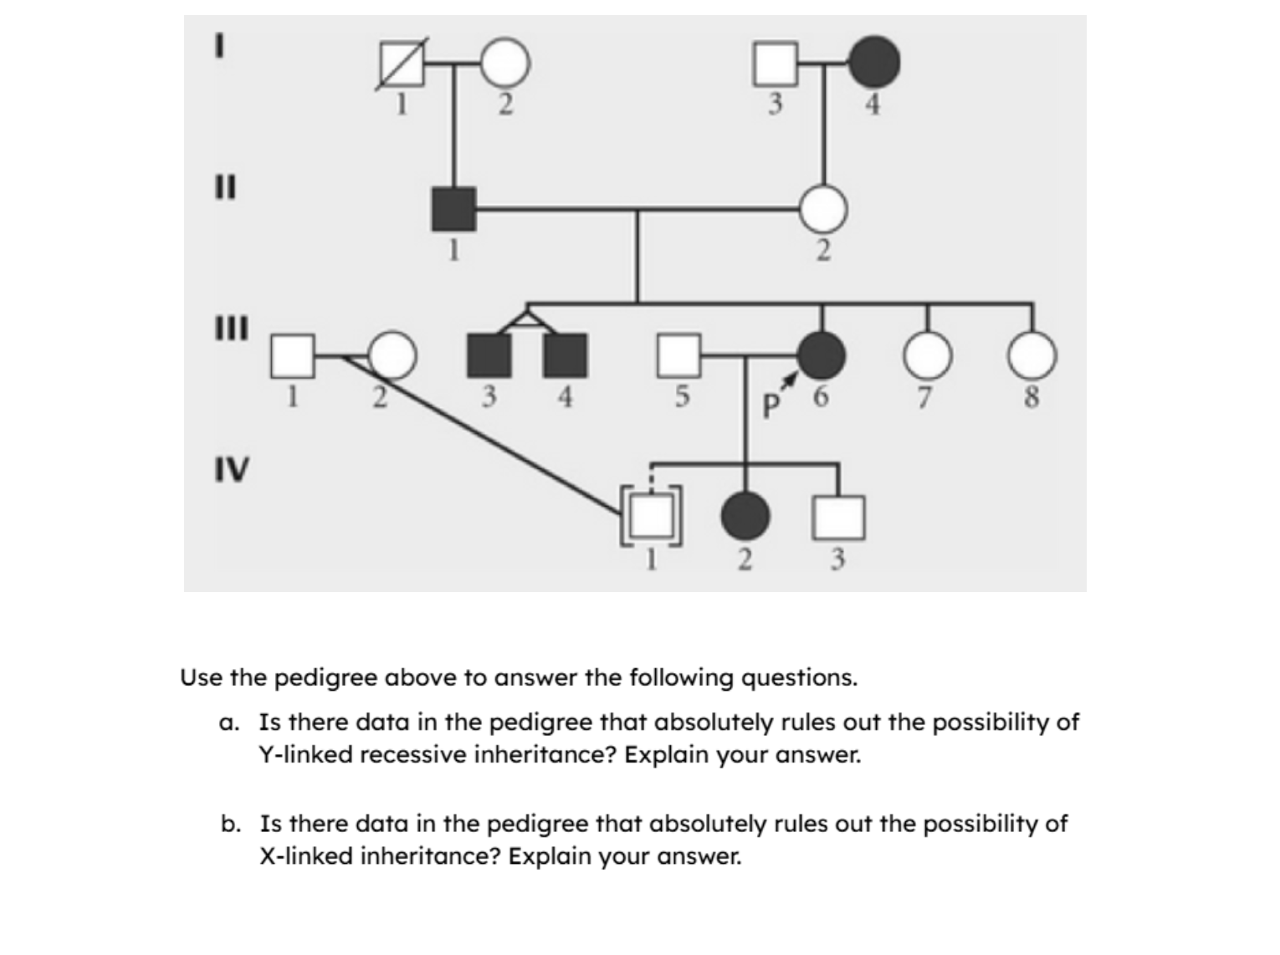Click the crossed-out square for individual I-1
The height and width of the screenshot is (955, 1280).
(x=404, y=64)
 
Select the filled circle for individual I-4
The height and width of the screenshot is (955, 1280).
(x=874, y=62)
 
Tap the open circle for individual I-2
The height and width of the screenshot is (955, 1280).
(x=504, y=64)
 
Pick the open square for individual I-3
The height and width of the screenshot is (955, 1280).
(x=775, y=64)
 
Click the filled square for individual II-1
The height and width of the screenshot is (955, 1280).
(x=453, y=209)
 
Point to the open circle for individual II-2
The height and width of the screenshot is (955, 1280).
(x=823, y=209)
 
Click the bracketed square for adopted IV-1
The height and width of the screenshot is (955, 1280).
(x=651, y=516)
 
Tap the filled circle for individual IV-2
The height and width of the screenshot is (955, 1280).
(x=745, y=516)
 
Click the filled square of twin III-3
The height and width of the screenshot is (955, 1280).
(x=489, y=355)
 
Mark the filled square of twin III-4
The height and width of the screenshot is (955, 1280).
(x=566, y=355)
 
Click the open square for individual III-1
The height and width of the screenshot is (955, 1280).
(x=292, y=355)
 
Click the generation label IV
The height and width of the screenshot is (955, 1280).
(x=231, y=470)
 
